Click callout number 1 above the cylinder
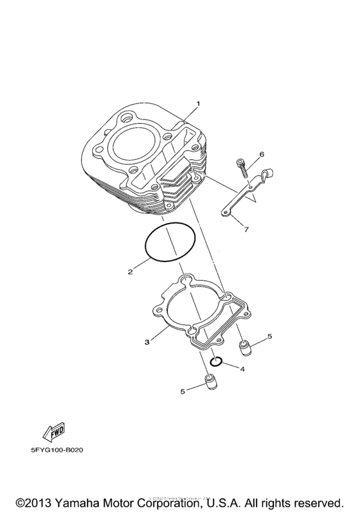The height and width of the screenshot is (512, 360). click(199, 103)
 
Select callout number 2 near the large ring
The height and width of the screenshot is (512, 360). click(130, 272)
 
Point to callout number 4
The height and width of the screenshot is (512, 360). click(242, 369)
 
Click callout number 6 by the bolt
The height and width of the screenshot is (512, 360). click(262, 155)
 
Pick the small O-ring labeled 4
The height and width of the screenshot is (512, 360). click(217, 362)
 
